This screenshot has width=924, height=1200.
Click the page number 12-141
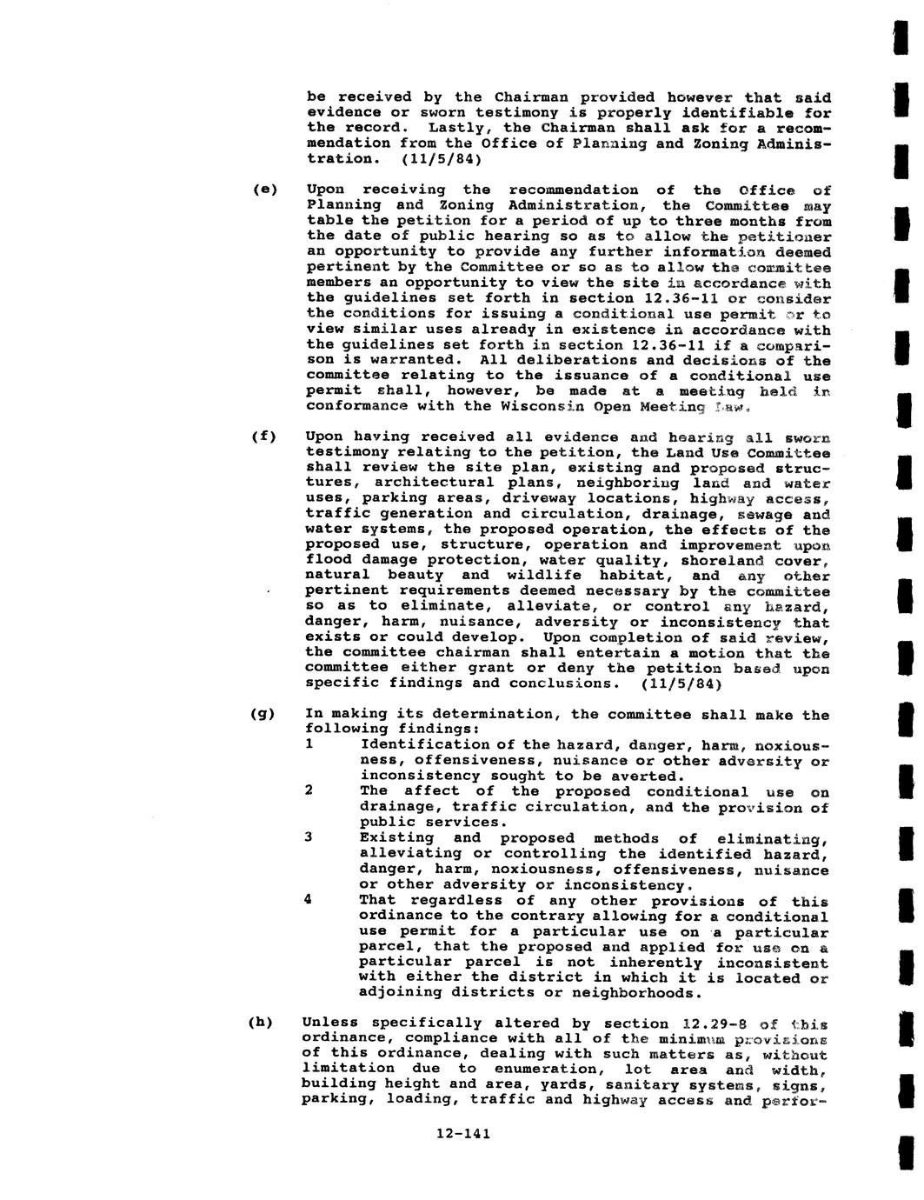pos(463,1133)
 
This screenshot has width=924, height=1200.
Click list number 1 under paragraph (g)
pos(309,744)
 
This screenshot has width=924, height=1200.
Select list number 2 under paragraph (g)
pos(309,790)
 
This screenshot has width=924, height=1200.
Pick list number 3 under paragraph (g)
pos(309,837)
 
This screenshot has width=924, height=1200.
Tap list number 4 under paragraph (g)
pos(309,900)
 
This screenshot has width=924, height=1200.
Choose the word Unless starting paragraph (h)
pos(331,1023)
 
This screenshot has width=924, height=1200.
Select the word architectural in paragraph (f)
pos(431,483)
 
